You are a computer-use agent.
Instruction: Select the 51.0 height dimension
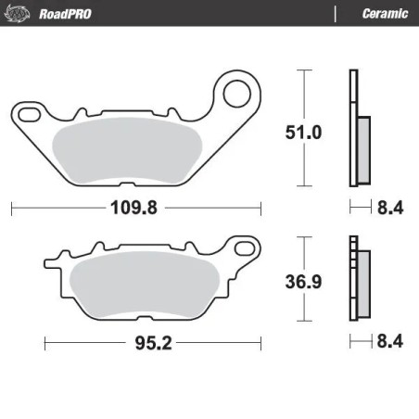coord(303,133)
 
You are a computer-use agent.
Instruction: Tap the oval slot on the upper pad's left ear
coord(29,114)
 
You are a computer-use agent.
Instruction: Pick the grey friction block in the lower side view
coord(362,284)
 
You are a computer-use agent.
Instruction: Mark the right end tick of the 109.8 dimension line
coord(260,209)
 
